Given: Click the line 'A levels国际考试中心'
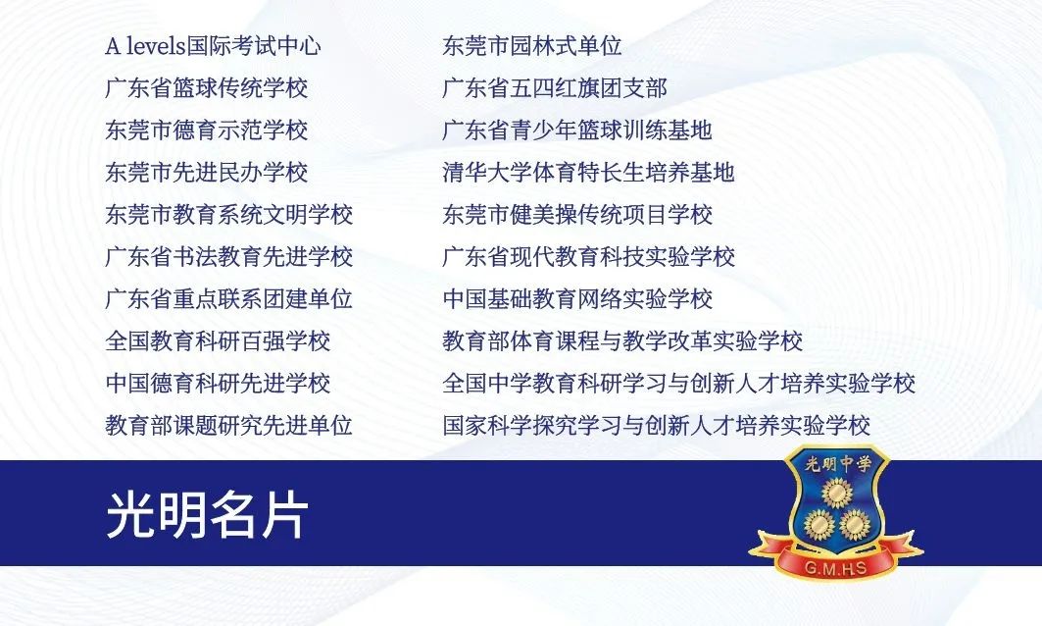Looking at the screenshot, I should [213, 46].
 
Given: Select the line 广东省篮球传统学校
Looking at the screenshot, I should [207, 88].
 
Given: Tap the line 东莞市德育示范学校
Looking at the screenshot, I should [207, 130].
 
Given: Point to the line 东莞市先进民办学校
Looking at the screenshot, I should [207, 173].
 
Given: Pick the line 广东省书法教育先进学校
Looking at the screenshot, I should [229, 257].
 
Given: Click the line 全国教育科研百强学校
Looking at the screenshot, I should [219, 341].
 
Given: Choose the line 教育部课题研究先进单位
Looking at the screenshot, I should [229, 426].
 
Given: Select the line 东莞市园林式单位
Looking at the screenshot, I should [532, 46].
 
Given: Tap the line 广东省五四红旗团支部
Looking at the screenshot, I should [555, 88].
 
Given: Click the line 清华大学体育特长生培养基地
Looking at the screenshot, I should [588, 173].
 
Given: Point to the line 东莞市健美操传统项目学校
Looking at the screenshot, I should [577, 215].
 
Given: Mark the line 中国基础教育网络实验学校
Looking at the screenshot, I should [577, 299].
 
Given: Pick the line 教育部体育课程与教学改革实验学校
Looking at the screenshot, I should [622, 341].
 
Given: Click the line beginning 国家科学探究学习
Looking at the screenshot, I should [656, 426].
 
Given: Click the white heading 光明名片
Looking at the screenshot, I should [207, 514].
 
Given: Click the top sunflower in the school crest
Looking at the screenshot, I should [836, 492].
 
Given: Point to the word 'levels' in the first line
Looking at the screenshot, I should [155, 46].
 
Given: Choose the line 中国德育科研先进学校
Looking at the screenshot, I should [219, 384].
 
